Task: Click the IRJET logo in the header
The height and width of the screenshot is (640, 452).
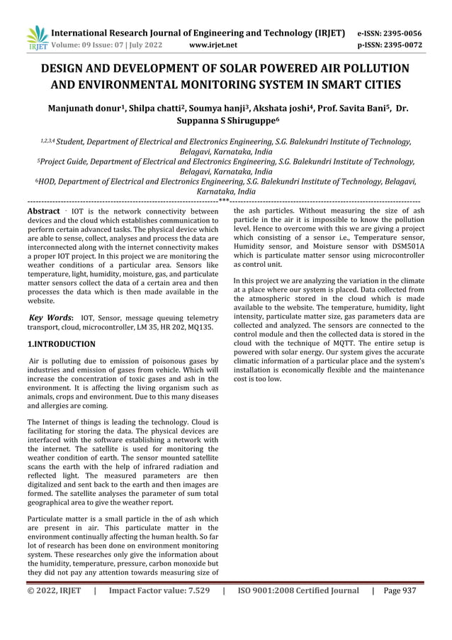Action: pos(36,38)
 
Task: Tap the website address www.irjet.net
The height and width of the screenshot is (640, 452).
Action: pos(214,45)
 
